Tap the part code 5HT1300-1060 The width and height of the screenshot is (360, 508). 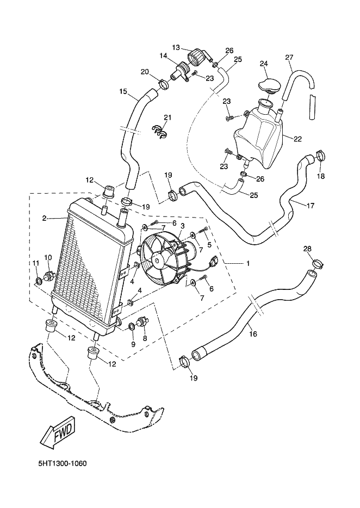pyautogui.click(x=63, y=464)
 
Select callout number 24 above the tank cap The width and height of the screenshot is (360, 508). pyautogui.click(x=264, y=64)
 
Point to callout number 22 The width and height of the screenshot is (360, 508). pyautogui.click(x=297, y=139)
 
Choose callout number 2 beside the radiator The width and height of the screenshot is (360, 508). pyautogui.click(x=44, y=219)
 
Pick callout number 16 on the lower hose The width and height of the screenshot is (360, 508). pyautogui.click(x=253, y=334)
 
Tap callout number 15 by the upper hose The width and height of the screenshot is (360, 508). pyautogui.click(x=123, y=91)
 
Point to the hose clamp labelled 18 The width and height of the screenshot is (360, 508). pyautogui.click(x=320, y=156)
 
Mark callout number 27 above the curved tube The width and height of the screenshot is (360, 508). pyautogui.click(x=289, y=58)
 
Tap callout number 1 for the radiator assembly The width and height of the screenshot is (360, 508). pyautogui.click(x=247, y=263)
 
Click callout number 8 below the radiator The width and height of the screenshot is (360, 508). pyautogui.click(x=145, y=338)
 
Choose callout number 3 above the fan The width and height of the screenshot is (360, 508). pyautogui.click(x=183, y=226)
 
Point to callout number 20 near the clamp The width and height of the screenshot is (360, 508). pyautogui.click(x=145, y=72)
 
